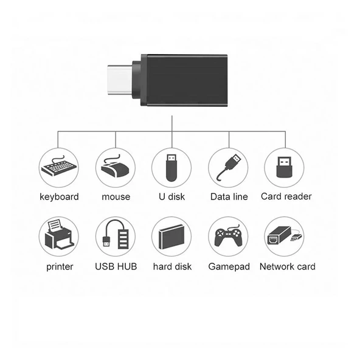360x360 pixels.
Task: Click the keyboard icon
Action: click(59, 167)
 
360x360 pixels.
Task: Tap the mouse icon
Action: click(116, 167)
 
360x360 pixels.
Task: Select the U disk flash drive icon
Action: click(171, 167)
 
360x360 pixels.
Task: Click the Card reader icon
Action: click(285, 167)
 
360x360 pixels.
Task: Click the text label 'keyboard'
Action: click(59, 197)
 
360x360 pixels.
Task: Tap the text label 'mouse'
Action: click(116, 197)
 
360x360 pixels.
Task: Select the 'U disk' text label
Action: click(172, 197)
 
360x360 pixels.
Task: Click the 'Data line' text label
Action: click(229, 197)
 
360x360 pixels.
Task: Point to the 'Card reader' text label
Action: click(286, 196)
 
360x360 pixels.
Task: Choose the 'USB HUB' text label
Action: click(116, 266)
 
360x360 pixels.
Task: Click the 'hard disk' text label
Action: click(172, 266)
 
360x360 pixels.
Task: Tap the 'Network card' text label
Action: click(287, 266)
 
